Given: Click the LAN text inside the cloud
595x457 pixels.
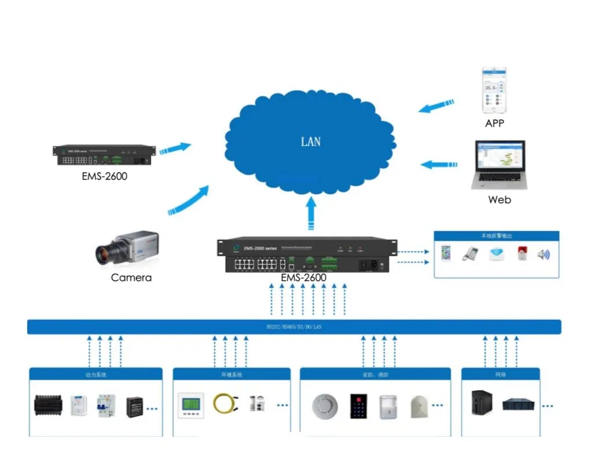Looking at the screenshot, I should click(311, 142).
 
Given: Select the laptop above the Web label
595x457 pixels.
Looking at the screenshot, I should click(499, 165).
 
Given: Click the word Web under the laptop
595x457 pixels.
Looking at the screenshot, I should click(499, 200).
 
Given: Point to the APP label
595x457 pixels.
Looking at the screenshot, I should click(494, 123).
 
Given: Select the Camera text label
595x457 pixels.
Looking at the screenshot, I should click(131, 278).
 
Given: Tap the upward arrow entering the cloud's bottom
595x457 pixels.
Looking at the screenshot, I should click(311, 213).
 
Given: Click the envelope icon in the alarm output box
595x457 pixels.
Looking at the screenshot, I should click(496, 253).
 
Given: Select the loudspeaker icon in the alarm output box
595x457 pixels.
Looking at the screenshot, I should click(543, 254).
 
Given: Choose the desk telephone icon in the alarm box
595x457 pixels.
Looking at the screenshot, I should click(469, 254).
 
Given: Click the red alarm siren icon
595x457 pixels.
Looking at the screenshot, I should click(520, 253).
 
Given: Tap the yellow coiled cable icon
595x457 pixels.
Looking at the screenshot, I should click(223, 403).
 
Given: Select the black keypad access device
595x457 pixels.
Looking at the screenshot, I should click(358, 406).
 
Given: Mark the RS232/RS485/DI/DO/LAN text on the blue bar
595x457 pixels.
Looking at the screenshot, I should click(294, 327).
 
